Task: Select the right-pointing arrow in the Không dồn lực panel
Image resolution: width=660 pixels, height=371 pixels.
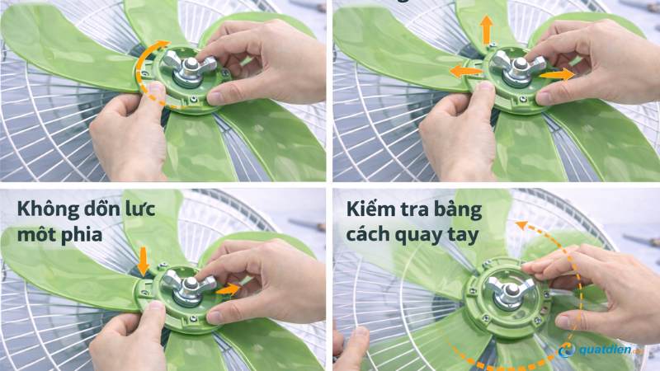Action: (230, 289)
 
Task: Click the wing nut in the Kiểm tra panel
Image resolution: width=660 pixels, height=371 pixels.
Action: (506, 293)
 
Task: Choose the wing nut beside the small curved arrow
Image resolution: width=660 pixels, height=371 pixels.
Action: (189, 68)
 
